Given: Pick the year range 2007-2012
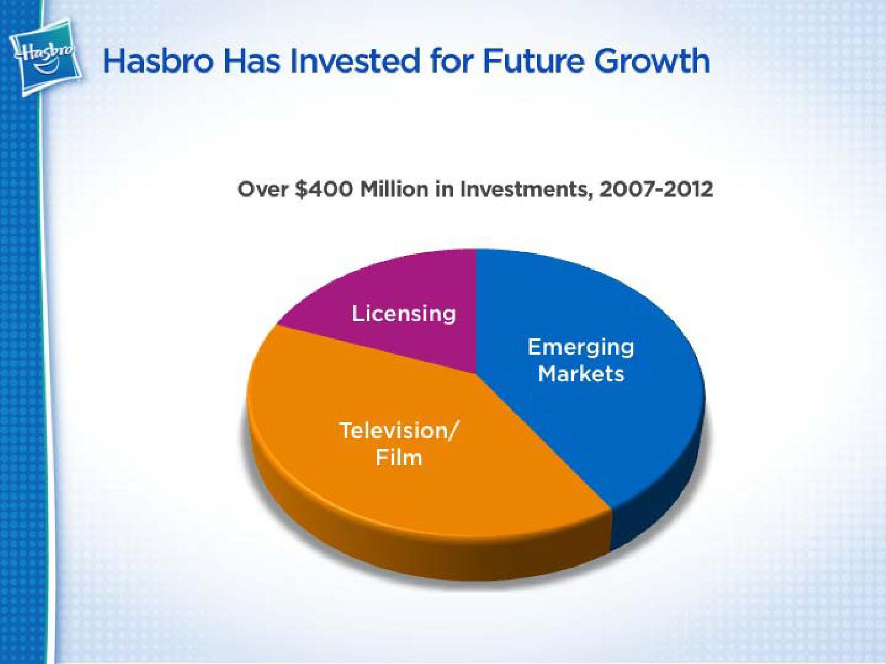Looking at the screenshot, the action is pyautogui.click(x=656, y=189).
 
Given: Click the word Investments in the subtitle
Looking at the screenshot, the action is pyautogui.click(x=526, y=189).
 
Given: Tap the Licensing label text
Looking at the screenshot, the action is pyautogui.click(x=404, y=315).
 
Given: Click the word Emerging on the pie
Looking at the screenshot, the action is pyautogui.click(x=581, y=348).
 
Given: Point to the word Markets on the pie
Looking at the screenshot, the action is pyautogui.click(x=581, y=374).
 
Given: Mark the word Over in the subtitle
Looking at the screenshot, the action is pyautogui.click(x=263, y=189).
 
